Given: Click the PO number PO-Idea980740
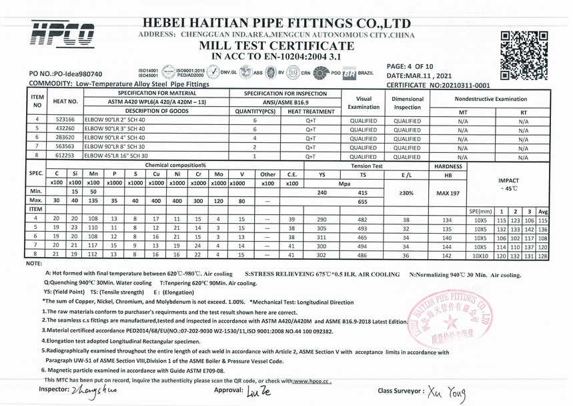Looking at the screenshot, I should pos(66,74).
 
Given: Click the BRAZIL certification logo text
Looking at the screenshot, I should pos(365,73).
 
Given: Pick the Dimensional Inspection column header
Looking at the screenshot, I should pos(407,103).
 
